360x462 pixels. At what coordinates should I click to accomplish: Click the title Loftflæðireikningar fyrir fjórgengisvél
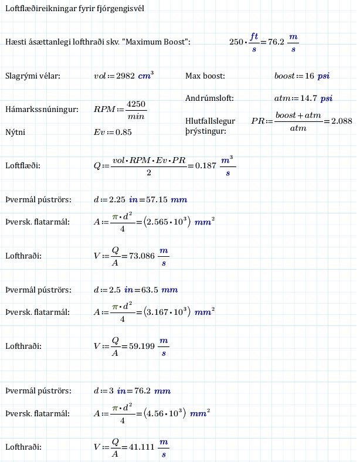point(74,9)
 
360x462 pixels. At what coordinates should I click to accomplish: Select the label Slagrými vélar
point(33,76)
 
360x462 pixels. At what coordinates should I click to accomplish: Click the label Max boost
point(205,76)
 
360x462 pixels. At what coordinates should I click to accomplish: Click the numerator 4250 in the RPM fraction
point(136,104)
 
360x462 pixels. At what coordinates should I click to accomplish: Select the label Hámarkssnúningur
point(42,110)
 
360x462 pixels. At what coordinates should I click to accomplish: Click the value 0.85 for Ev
point(124,132)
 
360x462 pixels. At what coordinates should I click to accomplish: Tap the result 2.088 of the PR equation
point(342,121)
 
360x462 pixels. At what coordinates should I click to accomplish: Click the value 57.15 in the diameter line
point(156,200)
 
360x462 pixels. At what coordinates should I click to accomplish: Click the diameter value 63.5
point(151,290)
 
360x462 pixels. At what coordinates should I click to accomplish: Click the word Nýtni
point(15,132)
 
